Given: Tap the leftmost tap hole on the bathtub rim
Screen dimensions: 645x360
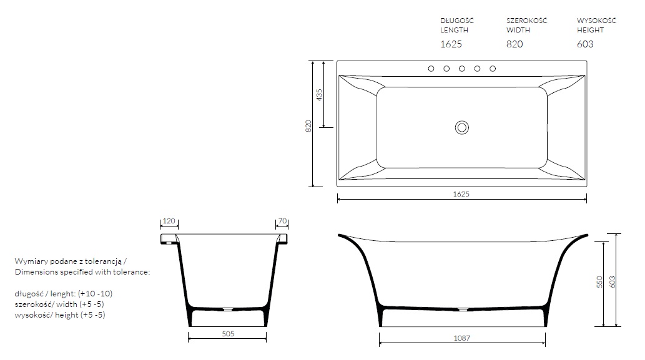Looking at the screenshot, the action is coord(431,69).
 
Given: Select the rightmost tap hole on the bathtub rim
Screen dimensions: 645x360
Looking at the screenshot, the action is coord(493,69).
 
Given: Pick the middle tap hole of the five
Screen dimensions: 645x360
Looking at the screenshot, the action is coord(462,69).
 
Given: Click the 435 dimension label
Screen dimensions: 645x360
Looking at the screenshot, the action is coord(319,95).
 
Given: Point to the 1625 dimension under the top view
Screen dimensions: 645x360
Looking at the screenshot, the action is coord(461,194).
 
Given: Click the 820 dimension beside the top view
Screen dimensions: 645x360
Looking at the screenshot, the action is coord(308,126).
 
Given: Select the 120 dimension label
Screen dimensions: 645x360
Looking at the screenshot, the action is coord(169,221).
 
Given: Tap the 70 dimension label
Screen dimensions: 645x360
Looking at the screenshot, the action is coord(282,221).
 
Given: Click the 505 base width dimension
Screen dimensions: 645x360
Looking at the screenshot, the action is coord(228,334).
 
